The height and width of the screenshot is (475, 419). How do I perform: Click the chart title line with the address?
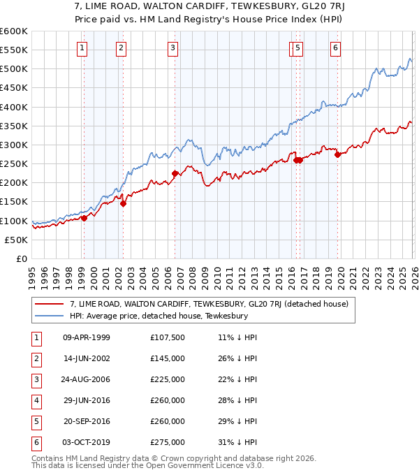[209, 7]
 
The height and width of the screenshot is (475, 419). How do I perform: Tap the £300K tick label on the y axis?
[13, 145]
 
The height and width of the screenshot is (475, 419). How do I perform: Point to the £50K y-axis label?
[15, 240]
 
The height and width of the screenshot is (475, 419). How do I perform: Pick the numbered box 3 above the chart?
[172, 48]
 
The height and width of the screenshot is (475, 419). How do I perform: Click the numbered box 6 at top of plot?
[335, 48]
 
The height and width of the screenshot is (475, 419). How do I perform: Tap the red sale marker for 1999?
[84, 218]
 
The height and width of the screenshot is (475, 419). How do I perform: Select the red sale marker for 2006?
[175, 173]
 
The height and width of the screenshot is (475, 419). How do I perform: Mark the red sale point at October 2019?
[337, 154]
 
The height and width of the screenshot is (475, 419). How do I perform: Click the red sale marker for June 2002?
[123, 204]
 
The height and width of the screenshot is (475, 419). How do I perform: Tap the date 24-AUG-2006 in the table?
[87, 379]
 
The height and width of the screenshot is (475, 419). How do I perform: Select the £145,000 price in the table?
[168, 358]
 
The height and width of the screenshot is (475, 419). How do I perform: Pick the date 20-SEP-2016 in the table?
[87, 421]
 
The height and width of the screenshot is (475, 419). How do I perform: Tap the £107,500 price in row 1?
[168, 337]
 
